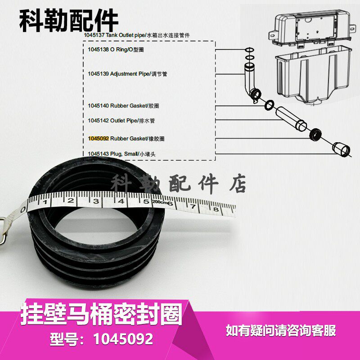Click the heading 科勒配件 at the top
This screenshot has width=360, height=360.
[69, 20]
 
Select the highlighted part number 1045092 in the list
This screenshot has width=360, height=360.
[99, 139]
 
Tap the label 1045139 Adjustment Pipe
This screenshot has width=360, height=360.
[127, 73]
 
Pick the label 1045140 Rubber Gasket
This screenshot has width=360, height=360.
[123, 106]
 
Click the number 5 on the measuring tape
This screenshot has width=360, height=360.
[146, 201]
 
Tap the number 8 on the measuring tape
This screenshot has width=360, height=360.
[215, 209]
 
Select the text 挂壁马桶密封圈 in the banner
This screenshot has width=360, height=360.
[101, 313]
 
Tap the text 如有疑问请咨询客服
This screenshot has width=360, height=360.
[281, 331]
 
